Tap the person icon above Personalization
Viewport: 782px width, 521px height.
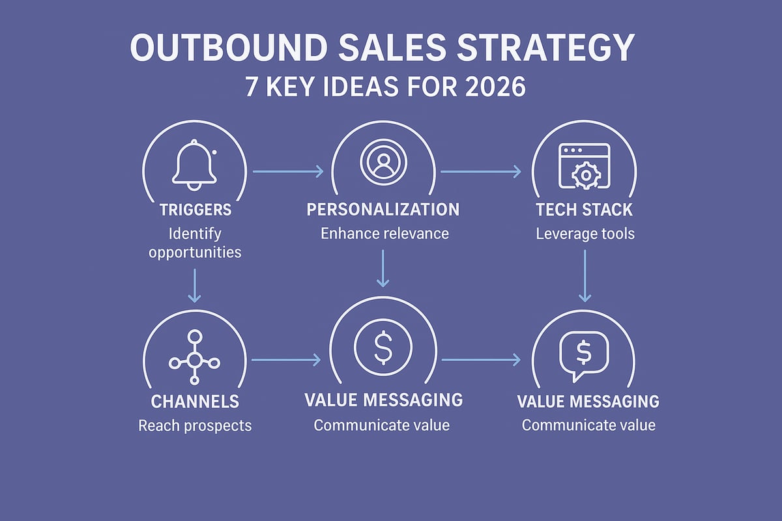click(383, 162)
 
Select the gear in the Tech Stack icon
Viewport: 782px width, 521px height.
click(586, 175)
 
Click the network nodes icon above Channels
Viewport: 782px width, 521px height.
click(194, 358)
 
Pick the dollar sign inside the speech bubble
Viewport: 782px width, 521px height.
click(584, 352)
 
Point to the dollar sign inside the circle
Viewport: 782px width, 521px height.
click(383, 347)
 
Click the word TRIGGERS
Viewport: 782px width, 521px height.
click(195, 210)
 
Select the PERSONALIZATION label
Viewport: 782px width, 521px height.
click(383, 210)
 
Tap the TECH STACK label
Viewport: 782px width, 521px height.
click(585, 210)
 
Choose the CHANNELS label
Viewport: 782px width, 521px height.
click(195, 402)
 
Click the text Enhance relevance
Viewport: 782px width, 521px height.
click(384, 233)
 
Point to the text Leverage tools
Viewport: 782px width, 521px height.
click(585, 234)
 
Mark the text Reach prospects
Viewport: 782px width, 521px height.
click(195, 426)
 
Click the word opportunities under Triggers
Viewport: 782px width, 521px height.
click(195, 253)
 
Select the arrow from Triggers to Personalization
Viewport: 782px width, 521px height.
click(288, 171)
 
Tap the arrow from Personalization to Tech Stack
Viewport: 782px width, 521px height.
click(481, 171)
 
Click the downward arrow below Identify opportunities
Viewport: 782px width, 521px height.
click(194, 285)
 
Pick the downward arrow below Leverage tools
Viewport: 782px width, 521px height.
click(585, 275)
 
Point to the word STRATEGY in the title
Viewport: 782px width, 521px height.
click(545, 48)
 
